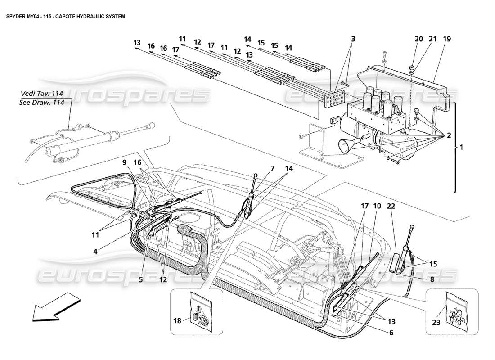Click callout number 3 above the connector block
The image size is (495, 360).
353,39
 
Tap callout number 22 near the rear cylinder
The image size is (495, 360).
391,206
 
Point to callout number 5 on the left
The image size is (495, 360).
140,279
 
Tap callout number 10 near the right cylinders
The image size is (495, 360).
377,206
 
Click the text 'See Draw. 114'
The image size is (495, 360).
43,102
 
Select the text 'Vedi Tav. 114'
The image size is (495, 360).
42,94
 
